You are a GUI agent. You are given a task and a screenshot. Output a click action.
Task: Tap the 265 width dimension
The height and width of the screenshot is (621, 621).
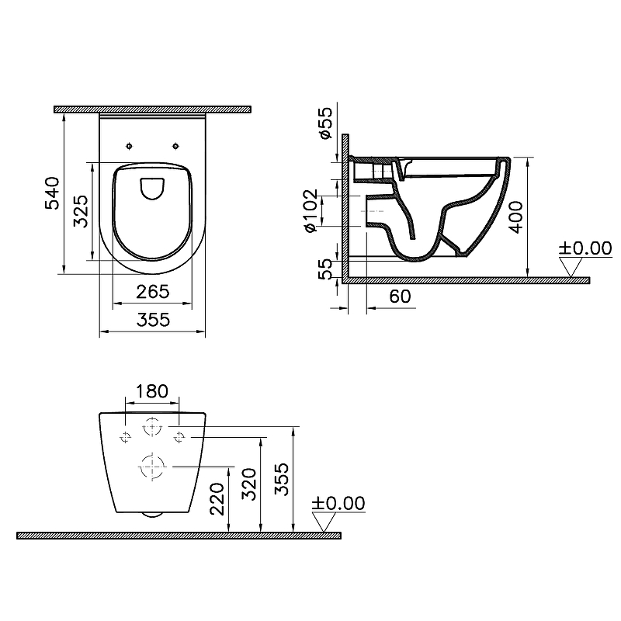tap(153, 293)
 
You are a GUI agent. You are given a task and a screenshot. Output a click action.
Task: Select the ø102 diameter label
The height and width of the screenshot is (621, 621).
tap(310, 210)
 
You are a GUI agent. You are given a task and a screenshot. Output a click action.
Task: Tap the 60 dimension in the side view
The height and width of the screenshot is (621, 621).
tap(400, 297)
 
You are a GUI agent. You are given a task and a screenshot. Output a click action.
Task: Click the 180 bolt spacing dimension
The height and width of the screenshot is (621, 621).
tap(152, 390)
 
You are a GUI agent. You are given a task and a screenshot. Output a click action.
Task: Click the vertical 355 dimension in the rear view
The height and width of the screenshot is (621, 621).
tap(283, 479)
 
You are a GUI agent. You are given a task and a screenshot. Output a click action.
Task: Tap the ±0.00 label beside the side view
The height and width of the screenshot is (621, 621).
tap(585, 248)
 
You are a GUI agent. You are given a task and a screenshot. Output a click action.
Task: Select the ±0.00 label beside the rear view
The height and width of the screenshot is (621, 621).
tap(338, 503)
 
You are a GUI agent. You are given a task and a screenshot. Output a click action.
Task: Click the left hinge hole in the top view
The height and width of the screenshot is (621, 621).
tap(127, 145)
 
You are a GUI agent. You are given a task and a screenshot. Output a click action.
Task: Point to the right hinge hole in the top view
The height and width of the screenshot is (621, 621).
tap(177, 145)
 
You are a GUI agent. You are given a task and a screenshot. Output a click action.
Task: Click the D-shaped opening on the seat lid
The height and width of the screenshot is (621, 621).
tap(153, 187)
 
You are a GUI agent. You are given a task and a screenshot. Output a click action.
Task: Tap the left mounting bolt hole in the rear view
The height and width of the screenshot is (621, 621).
tap(126, 437)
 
